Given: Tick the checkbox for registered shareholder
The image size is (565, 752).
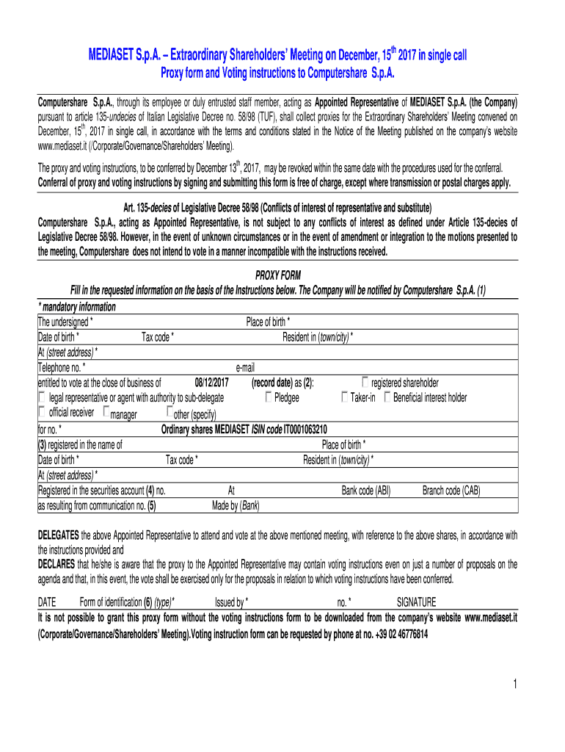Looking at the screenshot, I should [366, 382].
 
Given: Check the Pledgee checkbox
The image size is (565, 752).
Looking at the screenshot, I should [269, 397].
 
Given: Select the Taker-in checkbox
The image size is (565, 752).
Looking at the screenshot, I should [345, 397].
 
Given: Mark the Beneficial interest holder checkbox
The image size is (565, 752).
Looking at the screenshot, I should [387, 397].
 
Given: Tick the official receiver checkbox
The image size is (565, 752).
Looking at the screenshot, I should [42, 412].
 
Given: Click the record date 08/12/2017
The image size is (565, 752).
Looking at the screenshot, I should [212, 383].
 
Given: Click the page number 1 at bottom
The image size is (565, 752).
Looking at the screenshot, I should [516, 684].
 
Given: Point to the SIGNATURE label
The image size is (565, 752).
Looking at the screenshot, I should [416, 601].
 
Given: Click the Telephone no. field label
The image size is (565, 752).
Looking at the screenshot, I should [62, 367].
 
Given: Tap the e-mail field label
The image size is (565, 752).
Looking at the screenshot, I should [245, 367].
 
